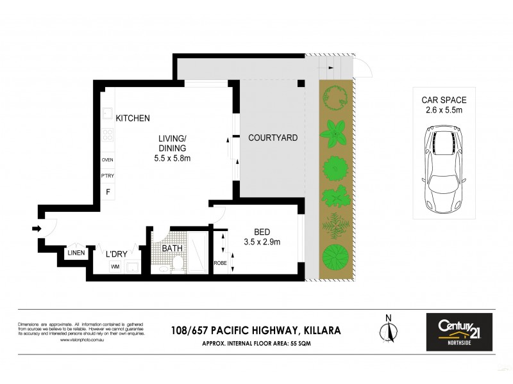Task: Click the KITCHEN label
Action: [133, 118]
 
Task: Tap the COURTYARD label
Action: [273, 138]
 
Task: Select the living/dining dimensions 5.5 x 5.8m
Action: [172, 158]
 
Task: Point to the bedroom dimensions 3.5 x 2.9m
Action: [262, 242]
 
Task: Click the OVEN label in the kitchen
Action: [107, 160]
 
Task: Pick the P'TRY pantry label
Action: [107, 176]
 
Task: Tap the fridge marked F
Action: [107, 191]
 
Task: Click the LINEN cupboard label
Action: [76, 253]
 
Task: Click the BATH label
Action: [172, 248]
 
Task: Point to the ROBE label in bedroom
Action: [219, 262]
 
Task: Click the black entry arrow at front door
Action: [37, 228]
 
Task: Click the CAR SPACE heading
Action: [444, 100]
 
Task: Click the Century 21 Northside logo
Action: [459, 332]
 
